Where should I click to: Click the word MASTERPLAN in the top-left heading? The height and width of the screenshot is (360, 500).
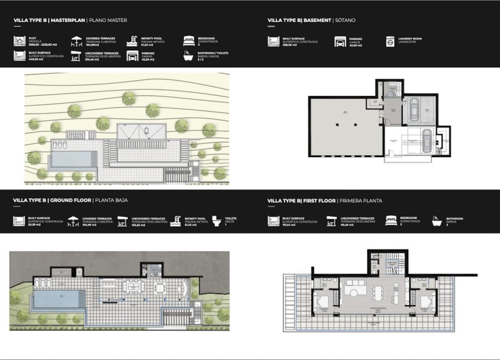[x=68, y=20]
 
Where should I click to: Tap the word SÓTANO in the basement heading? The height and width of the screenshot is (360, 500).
[x=345, y=20]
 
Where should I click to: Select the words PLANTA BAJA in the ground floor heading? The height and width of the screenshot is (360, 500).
[x=113, y=201]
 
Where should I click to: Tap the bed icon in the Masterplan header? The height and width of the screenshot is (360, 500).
[x=188, y=41]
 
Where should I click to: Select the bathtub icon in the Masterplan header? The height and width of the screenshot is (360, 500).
[x=188, y=56]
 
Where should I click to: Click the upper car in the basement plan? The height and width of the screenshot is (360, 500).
[x=413, y=108]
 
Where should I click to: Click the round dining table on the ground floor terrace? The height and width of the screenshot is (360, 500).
[x=158, y=287]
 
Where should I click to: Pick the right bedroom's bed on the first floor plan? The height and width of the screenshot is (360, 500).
[x=427, y=301]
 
